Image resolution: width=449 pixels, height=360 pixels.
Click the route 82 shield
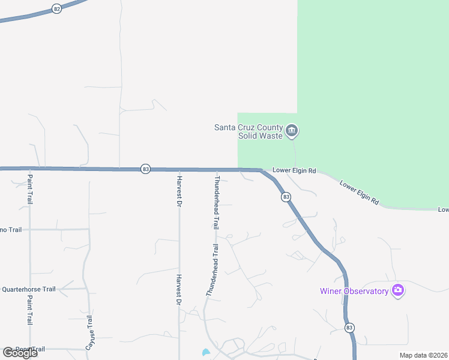click(56, 9)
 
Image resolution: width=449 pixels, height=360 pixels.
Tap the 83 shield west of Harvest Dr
click(146, 169)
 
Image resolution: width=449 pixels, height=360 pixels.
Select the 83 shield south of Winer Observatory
click(350, 328)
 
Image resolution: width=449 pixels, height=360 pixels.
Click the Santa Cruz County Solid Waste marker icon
click(292, 131)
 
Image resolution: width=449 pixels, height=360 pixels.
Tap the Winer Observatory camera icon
click(397, 291)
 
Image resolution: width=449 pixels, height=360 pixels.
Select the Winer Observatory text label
click(354, 292)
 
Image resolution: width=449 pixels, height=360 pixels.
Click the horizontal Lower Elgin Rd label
click(294, 170)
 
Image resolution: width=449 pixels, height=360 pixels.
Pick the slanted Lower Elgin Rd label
click(359, 193)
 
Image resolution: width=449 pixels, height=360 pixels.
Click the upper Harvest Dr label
click(179, 191)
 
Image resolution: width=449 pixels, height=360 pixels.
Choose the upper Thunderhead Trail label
click(216, 203)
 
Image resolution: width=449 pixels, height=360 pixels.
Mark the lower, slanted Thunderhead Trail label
click(212, 269)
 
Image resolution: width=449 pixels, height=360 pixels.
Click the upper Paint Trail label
click(29, 188)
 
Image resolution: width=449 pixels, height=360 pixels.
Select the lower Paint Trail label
click(29, 309)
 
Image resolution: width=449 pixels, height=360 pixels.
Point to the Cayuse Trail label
click(90, 331)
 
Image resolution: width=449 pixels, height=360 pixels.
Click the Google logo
click(20, 353)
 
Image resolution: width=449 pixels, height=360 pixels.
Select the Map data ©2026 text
click(424, 355)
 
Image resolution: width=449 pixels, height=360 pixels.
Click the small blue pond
click(206, 352)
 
